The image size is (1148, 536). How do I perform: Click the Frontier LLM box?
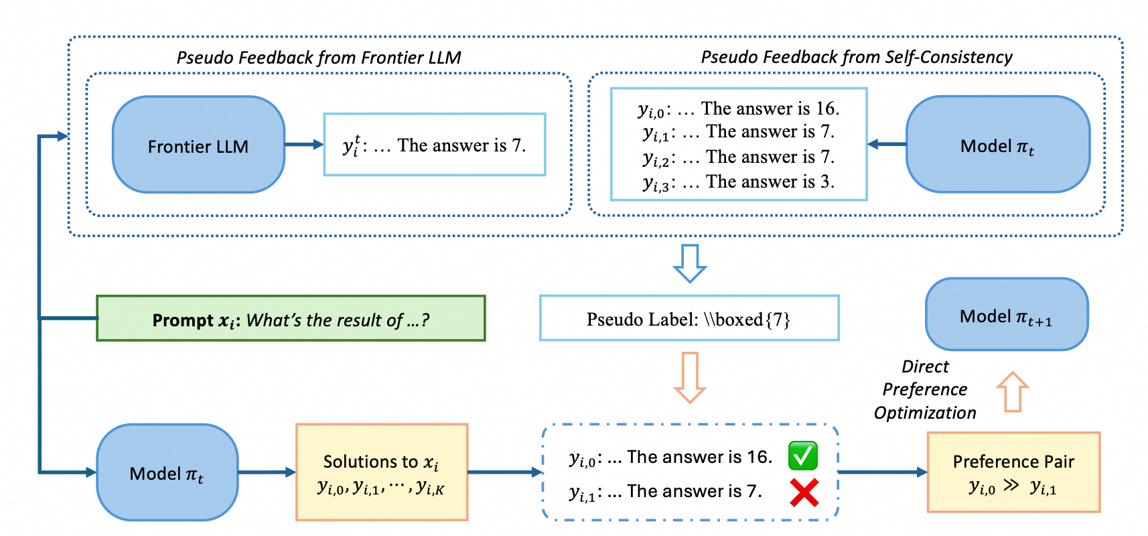pyautogui.click(x=198, y=145)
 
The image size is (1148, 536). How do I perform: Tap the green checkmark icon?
pyautogui.click(x=802, y=456)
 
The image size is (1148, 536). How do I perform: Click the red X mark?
pyautogui.click(x=804, y=493)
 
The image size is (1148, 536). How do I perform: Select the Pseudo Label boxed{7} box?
pyautogui.click(x=689, y=318)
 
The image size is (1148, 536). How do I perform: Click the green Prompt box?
pyautogui.click(x=291, y=319)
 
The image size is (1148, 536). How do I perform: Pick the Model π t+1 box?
pyautogui.click(x=1006, y=315)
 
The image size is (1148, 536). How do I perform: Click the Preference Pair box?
pyautogui.click(x=1013, y=472)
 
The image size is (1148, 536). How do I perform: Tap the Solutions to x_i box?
pyautogui.click(x=381, y=472)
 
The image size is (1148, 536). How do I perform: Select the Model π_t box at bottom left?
pyautogui.click(x=167, y=472)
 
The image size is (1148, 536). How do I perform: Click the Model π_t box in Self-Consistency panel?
pyautogui.click(x=997, y=145)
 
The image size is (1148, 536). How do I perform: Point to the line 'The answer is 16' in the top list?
pyautogui.click(x=738, y=109)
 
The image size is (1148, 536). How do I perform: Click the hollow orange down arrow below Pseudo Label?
pyautogui.click(x=689, y=377)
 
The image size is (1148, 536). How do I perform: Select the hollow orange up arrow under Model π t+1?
pyautogui.click(x=1012, y=392)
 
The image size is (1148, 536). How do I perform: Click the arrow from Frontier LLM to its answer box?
pyautogui.click(x=303, y=145)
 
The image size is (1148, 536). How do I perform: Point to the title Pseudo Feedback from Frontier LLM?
pyautogui.click(x=319, y=58)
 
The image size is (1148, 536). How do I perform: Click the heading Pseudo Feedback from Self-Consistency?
pyautogui.click(x=856, y=58)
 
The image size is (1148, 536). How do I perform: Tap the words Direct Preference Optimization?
pyautogui.click(x=924, y=389)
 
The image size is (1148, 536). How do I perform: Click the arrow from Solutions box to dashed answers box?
pyautogui.click(x=504, y=472)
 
